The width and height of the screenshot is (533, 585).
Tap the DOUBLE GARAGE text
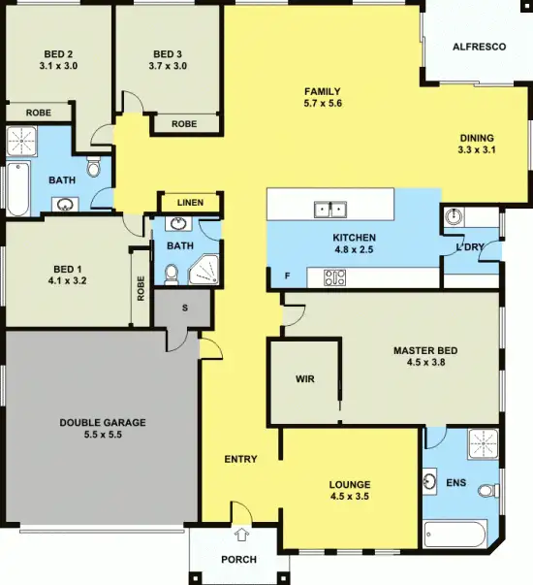point(103,422)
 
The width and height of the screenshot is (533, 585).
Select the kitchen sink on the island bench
point(330,208)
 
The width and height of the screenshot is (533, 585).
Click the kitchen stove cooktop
point(334,277)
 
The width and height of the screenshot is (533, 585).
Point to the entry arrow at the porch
point(240,533)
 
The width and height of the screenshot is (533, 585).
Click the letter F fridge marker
point(286,276)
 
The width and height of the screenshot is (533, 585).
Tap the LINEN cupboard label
point(191,203)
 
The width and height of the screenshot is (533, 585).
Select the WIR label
point(304,379)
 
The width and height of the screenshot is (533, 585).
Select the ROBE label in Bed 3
point(184,124)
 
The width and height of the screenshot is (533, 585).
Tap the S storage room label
point(182,309)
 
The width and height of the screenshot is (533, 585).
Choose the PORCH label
point(239,559)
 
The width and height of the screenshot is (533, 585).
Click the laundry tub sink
point(455,215)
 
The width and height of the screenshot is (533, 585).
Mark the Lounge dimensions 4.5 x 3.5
point(351,497)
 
